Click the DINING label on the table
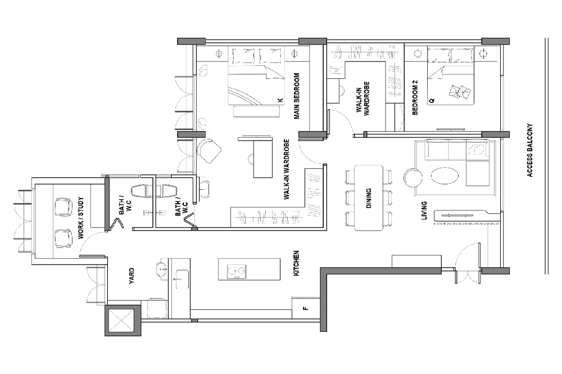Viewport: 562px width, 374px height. pos(369,198)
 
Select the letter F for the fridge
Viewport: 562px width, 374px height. pos(305,308)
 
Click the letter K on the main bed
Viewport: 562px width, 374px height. pos(279,100)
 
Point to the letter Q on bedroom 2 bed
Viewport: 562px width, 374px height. pos(431,100)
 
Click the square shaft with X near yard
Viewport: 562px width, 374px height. pos(121,321)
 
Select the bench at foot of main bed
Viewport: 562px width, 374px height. pos(256,111)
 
